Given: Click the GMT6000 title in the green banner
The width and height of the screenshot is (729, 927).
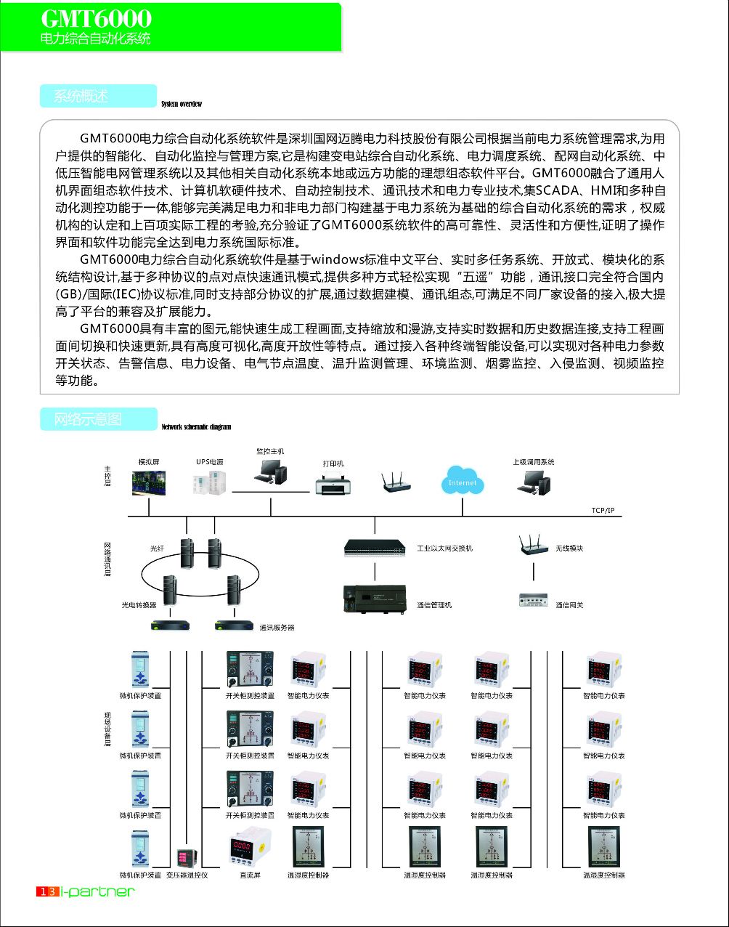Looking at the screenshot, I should coord(97,19).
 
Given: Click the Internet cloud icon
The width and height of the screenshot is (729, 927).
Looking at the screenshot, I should coord(463,482).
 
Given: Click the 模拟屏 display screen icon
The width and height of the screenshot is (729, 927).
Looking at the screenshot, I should coord(149,482).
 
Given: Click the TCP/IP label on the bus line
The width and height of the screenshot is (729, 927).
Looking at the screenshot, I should coord(603,511).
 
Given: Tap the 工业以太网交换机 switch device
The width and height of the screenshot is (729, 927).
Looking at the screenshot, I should coord(374,548).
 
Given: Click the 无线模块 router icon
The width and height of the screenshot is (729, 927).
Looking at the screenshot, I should coord(534,546).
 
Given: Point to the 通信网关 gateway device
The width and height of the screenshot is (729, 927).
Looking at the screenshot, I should coord(534,600).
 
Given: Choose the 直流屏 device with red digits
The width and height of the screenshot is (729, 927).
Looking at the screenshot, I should coord(250,849).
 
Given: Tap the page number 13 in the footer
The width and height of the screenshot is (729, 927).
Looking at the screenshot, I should coord(48,891).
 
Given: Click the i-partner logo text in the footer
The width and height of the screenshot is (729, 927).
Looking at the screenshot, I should coord(98,891).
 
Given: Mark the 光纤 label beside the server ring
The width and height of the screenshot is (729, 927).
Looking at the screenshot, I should coord(156,548).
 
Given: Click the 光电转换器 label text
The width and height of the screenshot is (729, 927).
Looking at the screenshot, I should coord(139,605).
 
